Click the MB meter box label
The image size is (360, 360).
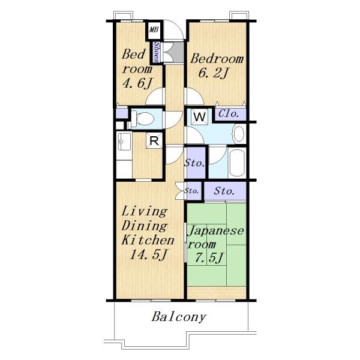pyautogui.click(x=154, y=29)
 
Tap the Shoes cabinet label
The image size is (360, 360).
pyautogui.click(x=157, y=52)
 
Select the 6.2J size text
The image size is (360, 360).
pyautogui.click(x=213, y=73)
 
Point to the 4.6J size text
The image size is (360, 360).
pyautogui.click(x=137, y=83)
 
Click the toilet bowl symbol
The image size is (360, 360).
pyautogui.click(x=143, y=119)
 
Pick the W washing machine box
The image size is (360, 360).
pyautogui.click(x=199, y=117)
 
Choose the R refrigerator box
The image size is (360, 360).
pyautogui.click(x=154, y=140)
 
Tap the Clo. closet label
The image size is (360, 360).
pyautogui.click(x=229, y=113)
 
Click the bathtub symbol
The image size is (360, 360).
pyautogui.click(x=237, y=163)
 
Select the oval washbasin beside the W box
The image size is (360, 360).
pyautogui.click(x=239, y=134)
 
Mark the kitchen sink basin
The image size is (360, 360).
pyautogui.click(x=124, y=142)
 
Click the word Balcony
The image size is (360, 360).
pyautogui.click(x=179, y=317)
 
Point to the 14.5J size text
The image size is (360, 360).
pyautogui.click(x=148, y=254)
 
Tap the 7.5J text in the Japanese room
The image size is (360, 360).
pyautogui.click(x=209, y=257)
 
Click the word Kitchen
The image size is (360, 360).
pyautogui.click(x=148, y=240)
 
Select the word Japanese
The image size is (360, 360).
pyautogui.click(x=216, y=231)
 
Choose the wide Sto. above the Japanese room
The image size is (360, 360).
pyautogui.click(x=224, y=191)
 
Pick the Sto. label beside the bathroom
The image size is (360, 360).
pyautogui.click(x=194, y=163)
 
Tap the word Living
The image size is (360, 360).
pyautogui.click(x=145, y=211)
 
